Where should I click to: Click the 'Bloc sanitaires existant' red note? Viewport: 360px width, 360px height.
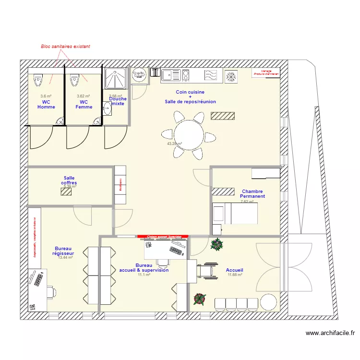[65, 47]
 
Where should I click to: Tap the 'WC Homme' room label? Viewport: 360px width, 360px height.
[46, 104]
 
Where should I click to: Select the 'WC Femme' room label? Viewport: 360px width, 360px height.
[84, 104]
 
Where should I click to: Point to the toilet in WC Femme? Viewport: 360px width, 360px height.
[74, 80]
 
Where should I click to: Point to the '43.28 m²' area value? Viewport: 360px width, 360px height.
[174, 144]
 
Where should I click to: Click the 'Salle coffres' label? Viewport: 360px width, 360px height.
[69, 180]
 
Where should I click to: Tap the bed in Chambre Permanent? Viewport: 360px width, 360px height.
[235, 213]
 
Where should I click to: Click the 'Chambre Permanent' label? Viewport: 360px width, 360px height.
[252, 194]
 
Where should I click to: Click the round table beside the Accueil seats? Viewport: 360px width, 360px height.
[268, 302]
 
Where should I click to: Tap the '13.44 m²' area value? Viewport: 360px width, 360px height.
[65, 258]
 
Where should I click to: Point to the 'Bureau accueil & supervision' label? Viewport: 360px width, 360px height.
[144, 268]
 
